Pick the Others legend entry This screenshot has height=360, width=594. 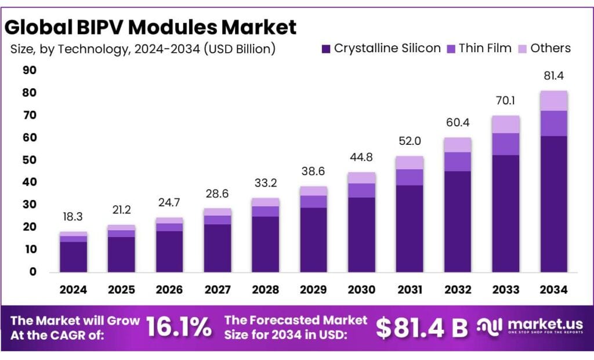544,49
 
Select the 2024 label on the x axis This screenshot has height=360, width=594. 73,289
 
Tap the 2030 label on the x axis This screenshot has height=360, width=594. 361,289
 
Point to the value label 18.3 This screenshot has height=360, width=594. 73,217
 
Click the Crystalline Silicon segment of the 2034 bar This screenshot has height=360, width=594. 553,203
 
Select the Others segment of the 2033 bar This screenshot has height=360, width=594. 505,124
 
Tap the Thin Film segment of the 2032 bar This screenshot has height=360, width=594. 458,161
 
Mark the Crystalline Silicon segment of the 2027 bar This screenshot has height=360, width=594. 218,248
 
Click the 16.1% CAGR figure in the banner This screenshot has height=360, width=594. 178,328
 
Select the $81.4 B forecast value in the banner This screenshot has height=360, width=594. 422,328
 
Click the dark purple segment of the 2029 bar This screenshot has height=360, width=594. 313,239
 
